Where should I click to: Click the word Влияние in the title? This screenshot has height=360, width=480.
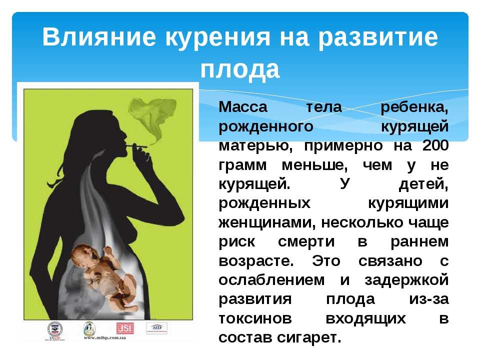click(x=99, y=37)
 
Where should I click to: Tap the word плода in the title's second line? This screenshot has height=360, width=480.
click(x=240, y=69)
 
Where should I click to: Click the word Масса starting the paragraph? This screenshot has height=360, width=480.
click(x=243, y=107)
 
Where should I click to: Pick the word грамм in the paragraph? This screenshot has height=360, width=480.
click(x=242, y=166)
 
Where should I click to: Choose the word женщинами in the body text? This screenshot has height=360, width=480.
click(x=267, y=223)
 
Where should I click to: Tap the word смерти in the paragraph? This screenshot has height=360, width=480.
click(x=306, y=242)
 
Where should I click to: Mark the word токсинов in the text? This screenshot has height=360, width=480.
click(x=255, y=318)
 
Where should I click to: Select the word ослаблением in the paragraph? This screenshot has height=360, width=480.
click(x=271, y=280)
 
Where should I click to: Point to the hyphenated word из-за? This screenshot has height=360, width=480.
click(x=429, y=299)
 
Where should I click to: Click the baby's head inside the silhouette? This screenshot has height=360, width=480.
click(x=85, y=255)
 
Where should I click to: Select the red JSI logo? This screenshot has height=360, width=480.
click(x=124, y=328)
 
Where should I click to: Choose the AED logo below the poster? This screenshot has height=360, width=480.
click(x=156, y=328)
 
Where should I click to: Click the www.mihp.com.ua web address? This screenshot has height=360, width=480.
click(x=104, y=338)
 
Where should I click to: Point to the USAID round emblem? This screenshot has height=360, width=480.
click(x=55, y=329)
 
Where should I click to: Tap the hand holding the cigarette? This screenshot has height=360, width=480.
click(x=142, y=156)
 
